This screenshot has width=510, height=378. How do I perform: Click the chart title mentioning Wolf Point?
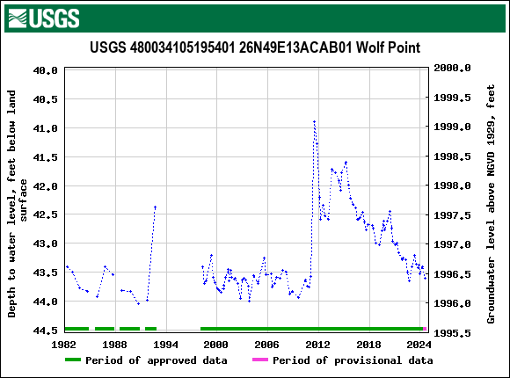tap(254, 47)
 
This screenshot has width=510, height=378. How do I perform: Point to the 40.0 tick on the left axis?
tap(46, 69)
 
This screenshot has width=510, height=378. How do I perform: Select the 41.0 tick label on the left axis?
tap(46, 127)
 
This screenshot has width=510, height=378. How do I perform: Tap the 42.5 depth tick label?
tap(46, 214)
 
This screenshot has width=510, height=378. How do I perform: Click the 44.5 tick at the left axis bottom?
tap(46, 331)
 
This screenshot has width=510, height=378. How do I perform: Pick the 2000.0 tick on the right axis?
tap(454, 68)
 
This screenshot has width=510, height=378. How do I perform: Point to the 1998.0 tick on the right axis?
tap(454, 185)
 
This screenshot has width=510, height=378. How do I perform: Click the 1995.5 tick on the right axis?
tap(454, 332)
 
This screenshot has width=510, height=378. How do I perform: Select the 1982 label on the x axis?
tap(64, 344)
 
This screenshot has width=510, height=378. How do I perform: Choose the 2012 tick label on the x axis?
tap(317, 344)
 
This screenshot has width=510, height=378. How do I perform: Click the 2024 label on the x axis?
tap(419, 344)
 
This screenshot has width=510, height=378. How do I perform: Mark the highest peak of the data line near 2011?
tap(314, 121)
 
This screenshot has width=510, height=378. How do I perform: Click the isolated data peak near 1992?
tap(156, 207)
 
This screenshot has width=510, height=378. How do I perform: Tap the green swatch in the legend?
tap(72, 360)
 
